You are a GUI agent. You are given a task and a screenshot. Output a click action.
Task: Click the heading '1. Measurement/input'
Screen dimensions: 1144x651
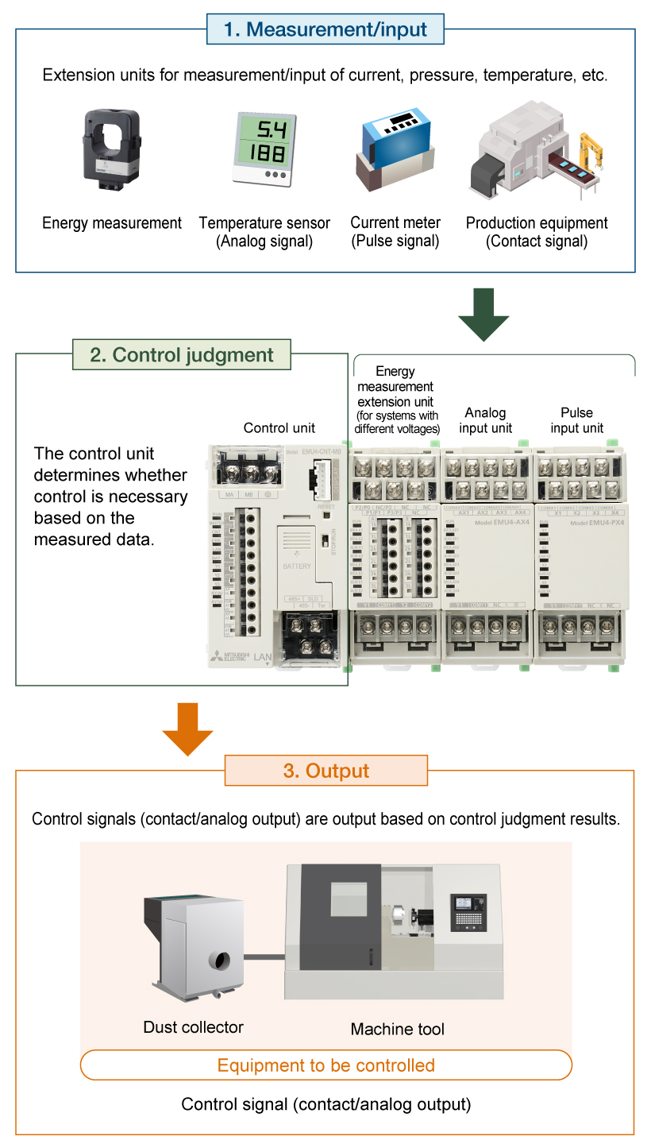tap(325, 30)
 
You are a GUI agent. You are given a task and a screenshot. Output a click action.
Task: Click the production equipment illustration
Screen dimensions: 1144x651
tap(537, 151)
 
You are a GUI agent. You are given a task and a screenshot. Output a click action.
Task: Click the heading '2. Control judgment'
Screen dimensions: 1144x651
tap(182, 354)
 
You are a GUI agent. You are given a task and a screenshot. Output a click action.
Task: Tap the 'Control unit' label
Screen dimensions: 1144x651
tap(279, 428)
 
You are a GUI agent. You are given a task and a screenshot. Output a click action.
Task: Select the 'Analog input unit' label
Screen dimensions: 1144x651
tap(486, 420)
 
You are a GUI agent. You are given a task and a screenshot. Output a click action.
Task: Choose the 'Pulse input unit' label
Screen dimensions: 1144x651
tap(577, 420)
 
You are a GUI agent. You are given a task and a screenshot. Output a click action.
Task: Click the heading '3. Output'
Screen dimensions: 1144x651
tap(326, 771)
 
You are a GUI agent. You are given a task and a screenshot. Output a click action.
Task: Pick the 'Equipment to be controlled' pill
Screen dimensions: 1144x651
tap(326, 1065)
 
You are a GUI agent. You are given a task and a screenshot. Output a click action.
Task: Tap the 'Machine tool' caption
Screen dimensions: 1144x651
tap(398, 1030)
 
